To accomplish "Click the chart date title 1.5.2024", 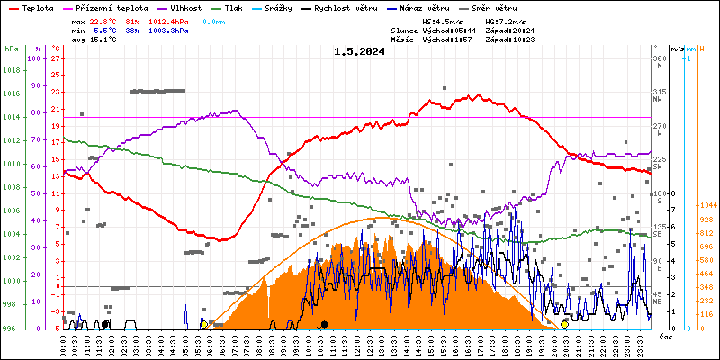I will tap(358, 51).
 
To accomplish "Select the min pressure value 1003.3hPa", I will tap(169, 30).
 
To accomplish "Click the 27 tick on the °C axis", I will tap(56, 58).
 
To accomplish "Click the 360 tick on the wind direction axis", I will tap(659, 58).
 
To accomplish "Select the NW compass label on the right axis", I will tap(658, 112).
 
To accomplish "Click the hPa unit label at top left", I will tap(11, 48).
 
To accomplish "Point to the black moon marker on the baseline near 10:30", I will tap(324, 323).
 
